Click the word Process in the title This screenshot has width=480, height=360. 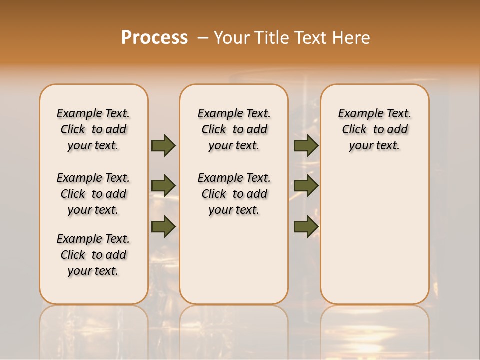(x=154, y=38)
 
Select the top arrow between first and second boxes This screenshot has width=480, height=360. (x=163, y=145)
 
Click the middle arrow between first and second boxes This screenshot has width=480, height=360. (x=163, y=186)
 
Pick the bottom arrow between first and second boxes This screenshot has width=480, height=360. (x=163, y=226)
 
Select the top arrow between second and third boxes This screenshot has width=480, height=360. (x=306, y=145)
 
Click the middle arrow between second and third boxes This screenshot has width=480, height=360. (x=306, y=186)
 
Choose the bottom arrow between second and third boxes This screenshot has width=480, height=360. (x=306, y=226)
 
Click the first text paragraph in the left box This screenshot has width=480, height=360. (x=93, y=129)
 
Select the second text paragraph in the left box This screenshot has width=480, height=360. (x=93, y=194)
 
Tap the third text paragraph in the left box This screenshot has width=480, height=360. (x=93, y=255)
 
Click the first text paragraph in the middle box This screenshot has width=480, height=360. (x=234, y=129)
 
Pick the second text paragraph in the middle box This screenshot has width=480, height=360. (x=234, y=194)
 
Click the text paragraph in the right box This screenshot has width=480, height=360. (x=374, y=129)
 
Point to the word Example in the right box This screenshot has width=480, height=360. (x=357, y=114)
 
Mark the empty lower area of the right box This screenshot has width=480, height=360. (x=374, y=235)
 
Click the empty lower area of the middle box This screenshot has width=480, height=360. (x=234, y=260)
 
